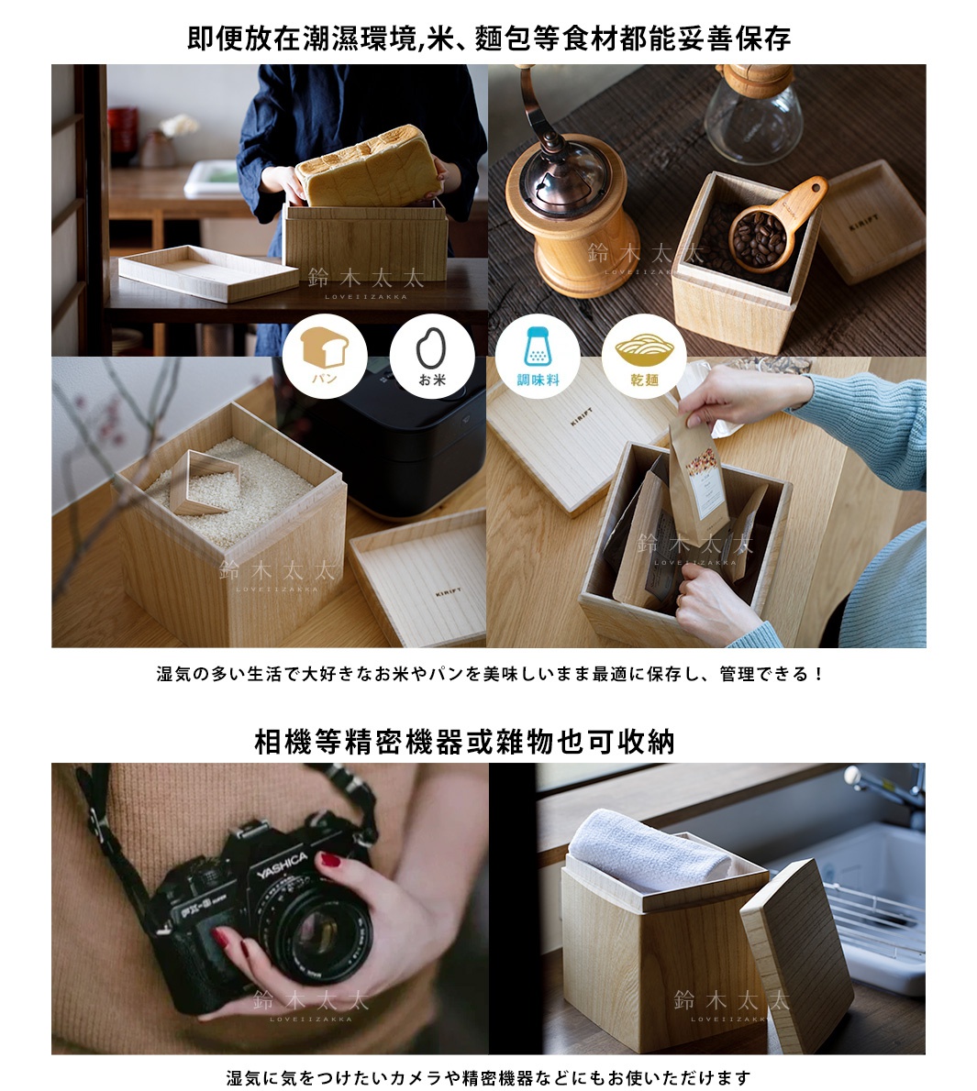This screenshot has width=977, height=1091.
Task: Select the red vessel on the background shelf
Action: tap(123, 132)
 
